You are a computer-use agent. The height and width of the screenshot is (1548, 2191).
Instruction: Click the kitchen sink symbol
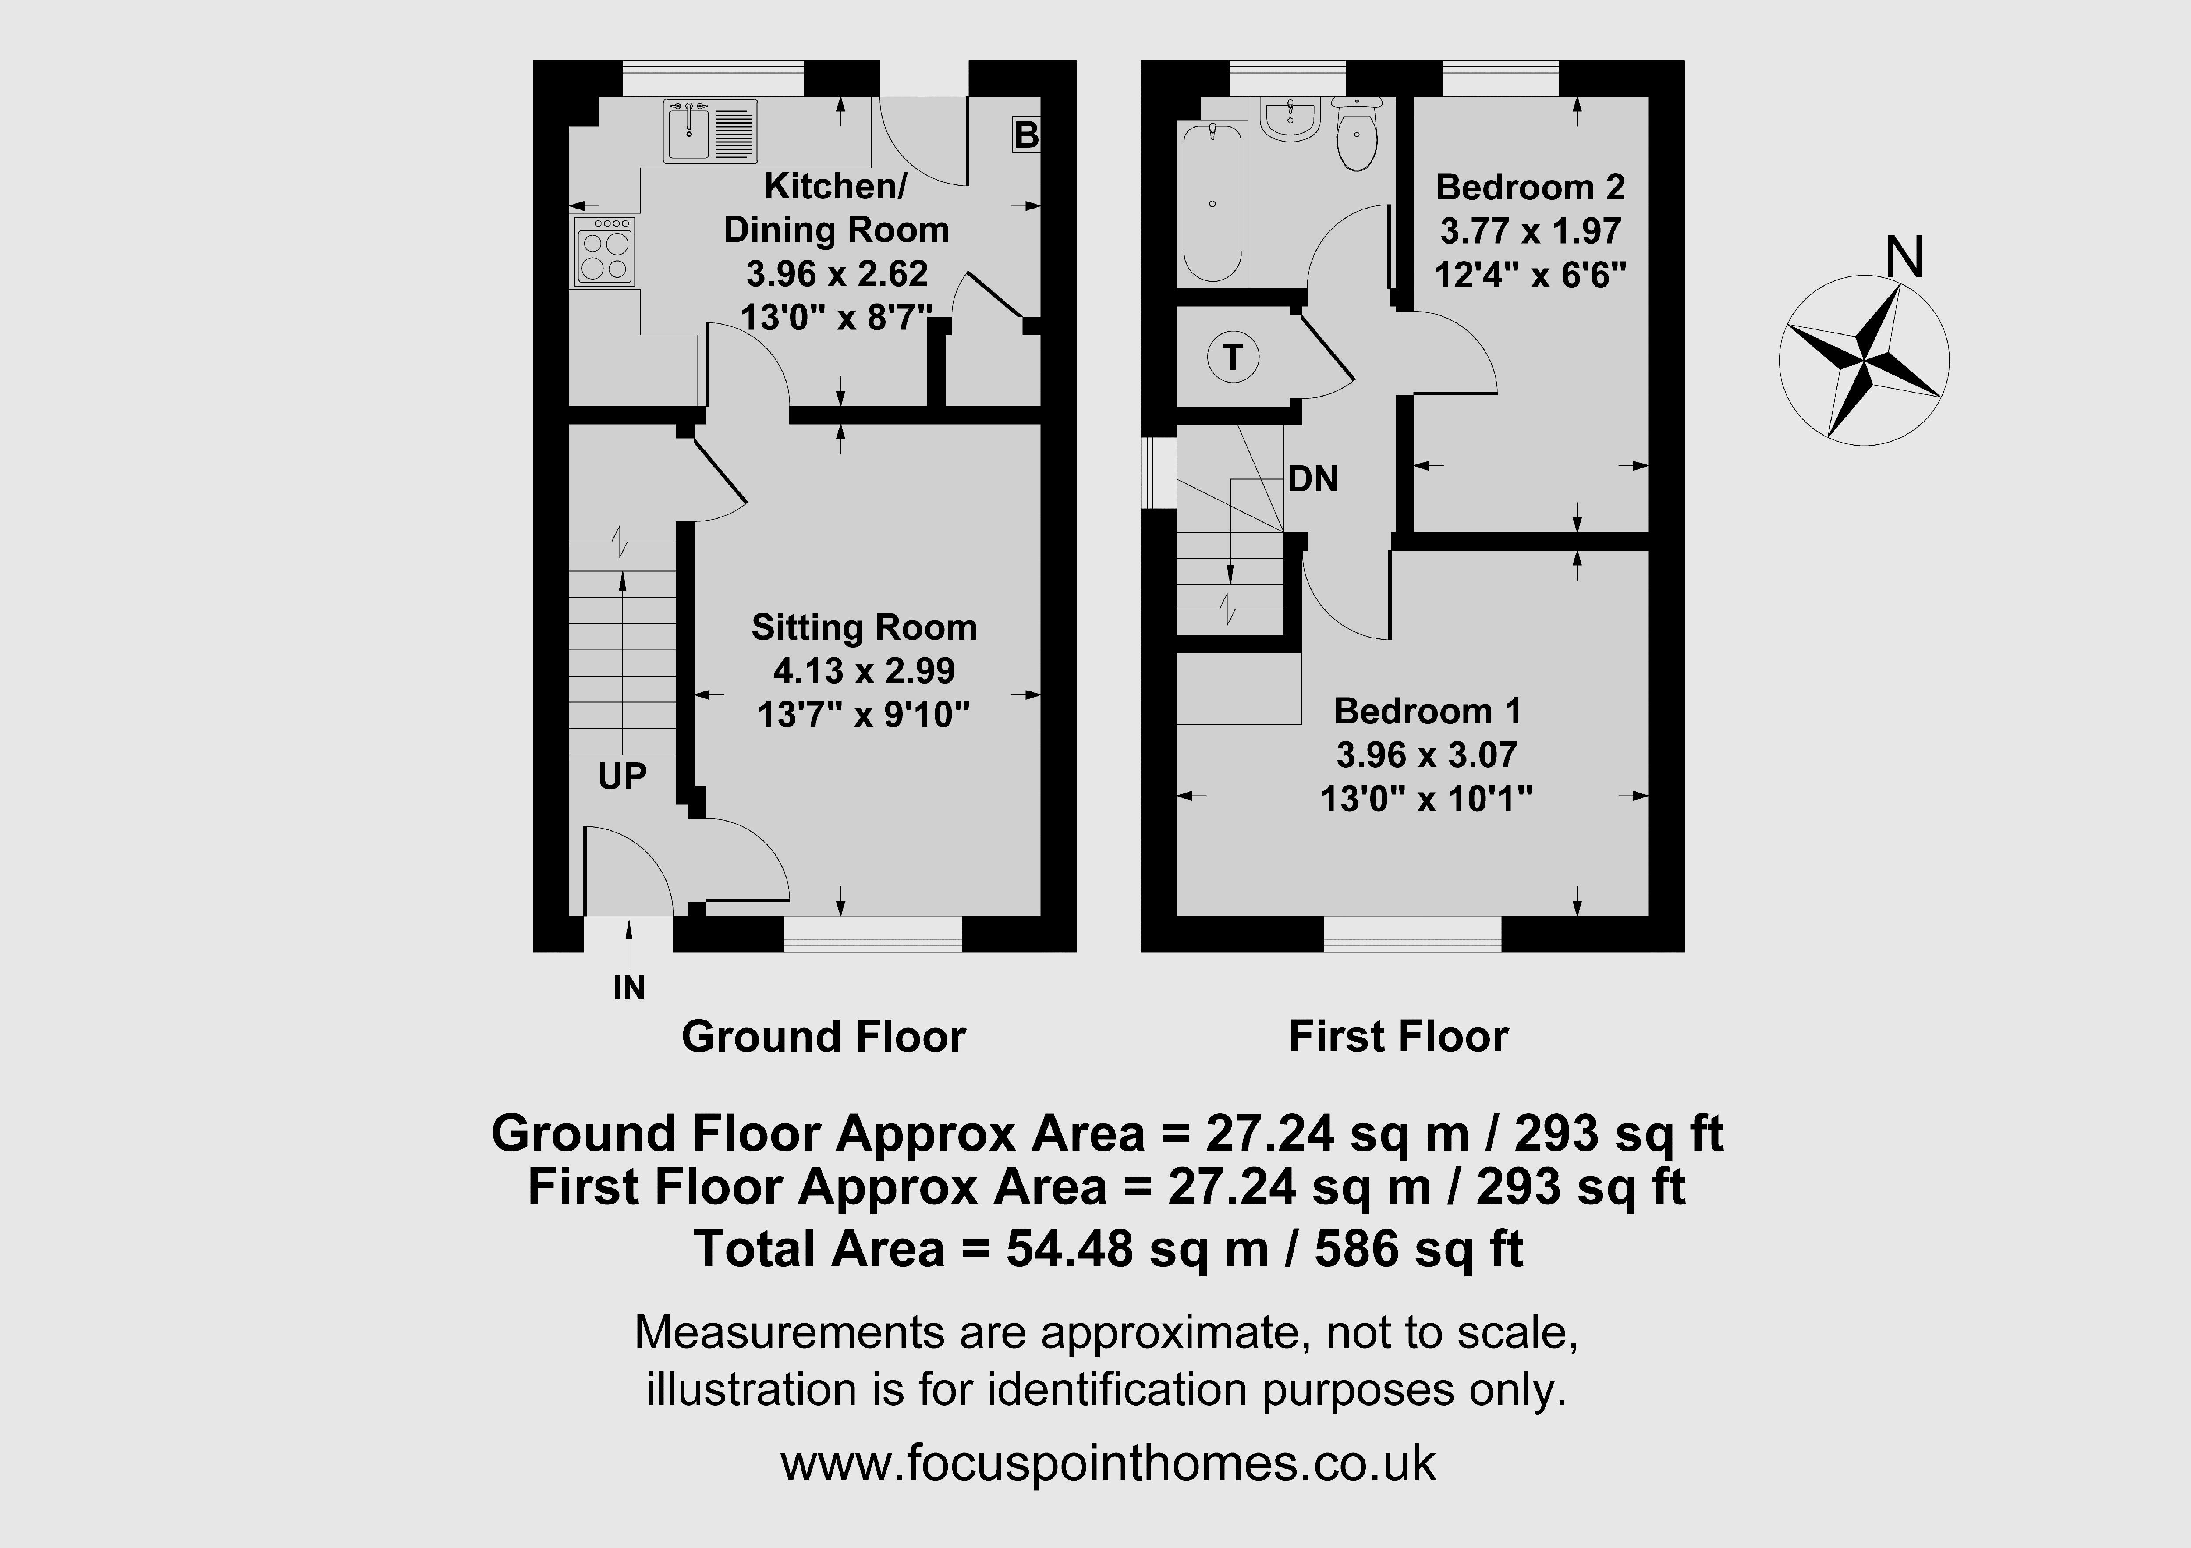711,132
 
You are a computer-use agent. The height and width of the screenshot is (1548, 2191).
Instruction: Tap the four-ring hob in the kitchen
604,251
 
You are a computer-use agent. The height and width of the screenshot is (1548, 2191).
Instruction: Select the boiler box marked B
1026,135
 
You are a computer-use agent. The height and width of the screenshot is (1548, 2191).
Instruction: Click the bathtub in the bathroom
1212,202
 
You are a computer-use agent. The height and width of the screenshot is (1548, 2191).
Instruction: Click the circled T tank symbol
1233,358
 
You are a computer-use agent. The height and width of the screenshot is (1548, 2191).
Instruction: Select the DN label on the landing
1313,478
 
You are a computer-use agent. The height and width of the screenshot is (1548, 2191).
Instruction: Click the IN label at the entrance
629,988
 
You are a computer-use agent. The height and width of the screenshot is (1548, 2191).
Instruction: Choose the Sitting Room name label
864,627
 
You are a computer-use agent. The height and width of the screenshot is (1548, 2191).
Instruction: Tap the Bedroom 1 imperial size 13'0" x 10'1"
1427,798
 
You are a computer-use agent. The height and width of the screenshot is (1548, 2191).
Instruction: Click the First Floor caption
1398,1036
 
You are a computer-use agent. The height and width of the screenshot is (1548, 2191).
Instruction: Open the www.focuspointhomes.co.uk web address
1108,1463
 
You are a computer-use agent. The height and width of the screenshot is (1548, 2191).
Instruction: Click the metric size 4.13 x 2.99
864,671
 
